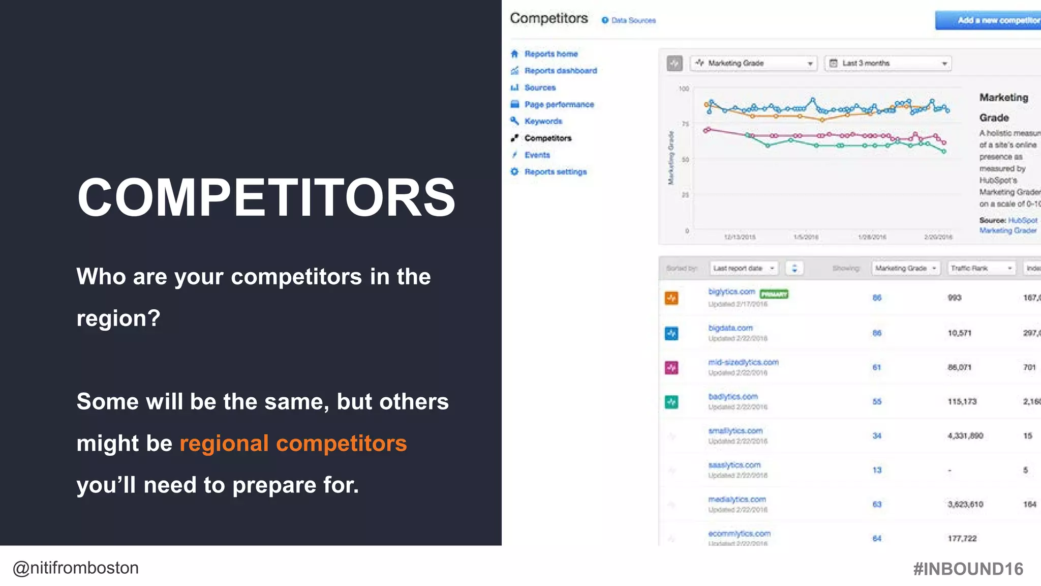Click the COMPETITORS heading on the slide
tap(266, 198)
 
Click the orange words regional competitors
tap(293, 444)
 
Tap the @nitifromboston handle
tap(76, 568)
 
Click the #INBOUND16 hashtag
tap(968, 569)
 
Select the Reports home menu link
tap(550, 54)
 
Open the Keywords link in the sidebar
tap(543, 121)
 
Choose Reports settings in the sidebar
tap(555, 172)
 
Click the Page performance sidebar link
tap(559, 104)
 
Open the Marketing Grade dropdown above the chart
tap(753, 63)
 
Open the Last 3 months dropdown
tap(887, 63)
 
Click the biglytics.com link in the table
tap(731, 291)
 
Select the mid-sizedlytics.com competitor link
tap(743, 362)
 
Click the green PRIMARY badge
tap(774, 294)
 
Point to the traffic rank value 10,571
tap(959, 333)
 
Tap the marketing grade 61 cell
tap(877, 367)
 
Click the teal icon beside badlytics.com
tap(671, 402)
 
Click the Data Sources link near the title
tap(633, 20)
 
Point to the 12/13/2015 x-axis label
tap(740, 237)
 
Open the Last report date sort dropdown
tap(743, 268)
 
